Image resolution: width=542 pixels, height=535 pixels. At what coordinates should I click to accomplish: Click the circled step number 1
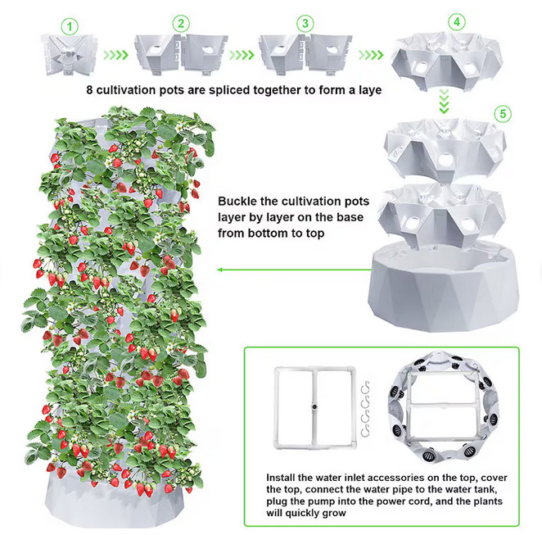pos(70,27)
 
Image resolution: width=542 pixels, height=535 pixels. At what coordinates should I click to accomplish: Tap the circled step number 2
pos(181,24)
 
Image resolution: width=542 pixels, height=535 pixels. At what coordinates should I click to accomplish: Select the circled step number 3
pos(305,24)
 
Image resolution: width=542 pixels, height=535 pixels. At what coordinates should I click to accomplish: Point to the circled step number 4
pos(457,22)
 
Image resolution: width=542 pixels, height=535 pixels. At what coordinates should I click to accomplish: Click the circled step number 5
pos(503,114)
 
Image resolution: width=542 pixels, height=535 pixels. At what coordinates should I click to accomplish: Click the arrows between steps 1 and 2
pos(115,55)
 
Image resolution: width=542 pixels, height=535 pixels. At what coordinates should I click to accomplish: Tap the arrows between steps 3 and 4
pos(371,55)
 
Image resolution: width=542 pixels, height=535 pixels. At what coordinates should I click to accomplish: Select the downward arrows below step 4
pos(444,102)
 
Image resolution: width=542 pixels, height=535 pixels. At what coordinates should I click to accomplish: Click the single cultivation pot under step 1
pos(70,55)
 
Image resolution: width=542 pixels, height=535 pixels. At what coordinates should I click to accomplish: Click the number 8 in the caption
pos(89,90)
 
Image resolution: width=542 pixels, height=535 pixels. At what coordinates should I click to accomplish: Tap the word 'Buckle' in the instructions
pos(237,201)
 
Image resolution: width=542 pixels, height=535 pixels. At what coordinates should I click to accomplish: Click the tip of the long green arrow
pos(218,270)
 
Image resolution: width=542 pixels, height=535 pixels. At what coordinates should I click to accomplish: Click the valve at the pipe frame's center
pos(314,407)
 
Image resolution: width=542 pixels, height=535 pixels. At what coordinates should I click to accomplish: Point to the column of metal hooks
pos(365,409)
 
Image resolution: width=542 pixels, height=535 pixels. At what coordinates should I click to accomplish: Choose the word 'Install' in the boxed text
pos(280,478)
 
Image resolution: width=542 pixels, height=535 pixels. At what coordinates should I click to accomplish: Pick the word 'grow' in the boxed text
pos(334,514)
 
